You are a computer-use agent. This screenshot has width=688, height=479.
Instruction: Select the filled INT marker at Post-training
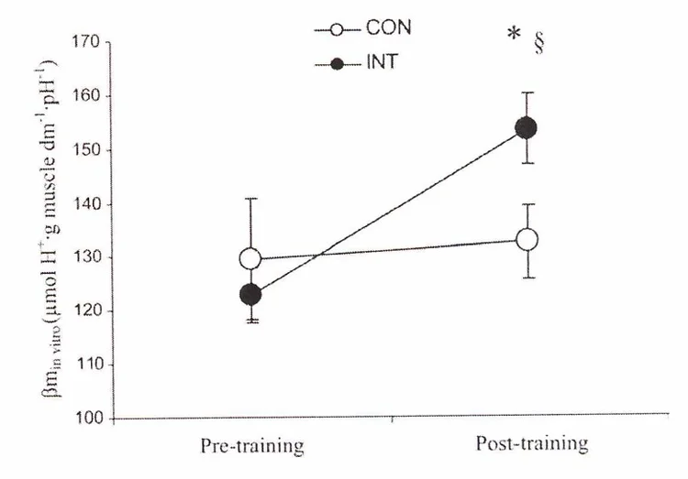point(527,128)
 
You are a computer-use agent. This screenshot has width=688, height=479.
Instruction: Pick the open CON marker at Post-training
point(527,240)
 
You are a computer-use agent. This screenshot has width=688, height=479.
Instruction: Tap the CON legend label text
point(390,27)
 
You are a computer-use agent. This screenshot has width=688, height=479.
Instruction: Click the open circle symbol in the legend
point(338,29)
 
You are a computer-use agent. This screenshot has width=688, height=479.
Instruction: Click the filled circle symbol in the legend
point(338,64)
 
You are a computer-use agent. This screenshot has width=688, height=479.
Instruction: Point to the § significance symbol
point(538,45)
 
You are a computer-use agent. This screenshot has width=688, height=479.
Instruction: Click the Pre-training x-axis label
point(252,446)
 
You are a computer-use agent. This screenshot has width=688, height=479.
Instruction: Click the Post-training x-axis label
point(531,444)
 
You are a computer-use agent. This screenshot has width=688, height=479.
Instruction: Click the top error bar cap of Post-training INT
point(527,93)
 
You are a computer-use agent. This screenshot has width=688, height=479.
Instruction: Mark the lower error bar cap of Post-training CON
point(527,278)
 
